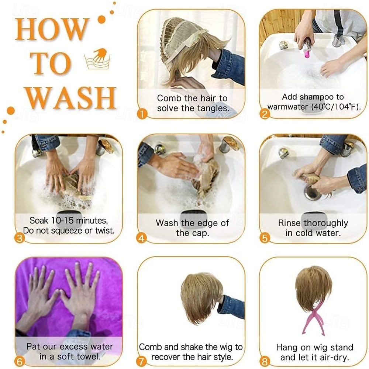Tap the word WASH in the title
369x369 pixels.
(71, 98)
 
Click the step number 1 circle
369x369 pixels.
(142, 114)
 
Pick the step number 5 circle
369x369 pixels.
(265, 238)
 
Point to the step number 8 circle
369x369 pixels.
(265, 362)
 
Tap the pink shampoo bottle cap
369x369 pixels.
(307, 55)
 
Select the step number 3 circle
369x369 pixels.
(20, 238)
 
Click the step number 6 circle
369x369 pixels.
(20, 362)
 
